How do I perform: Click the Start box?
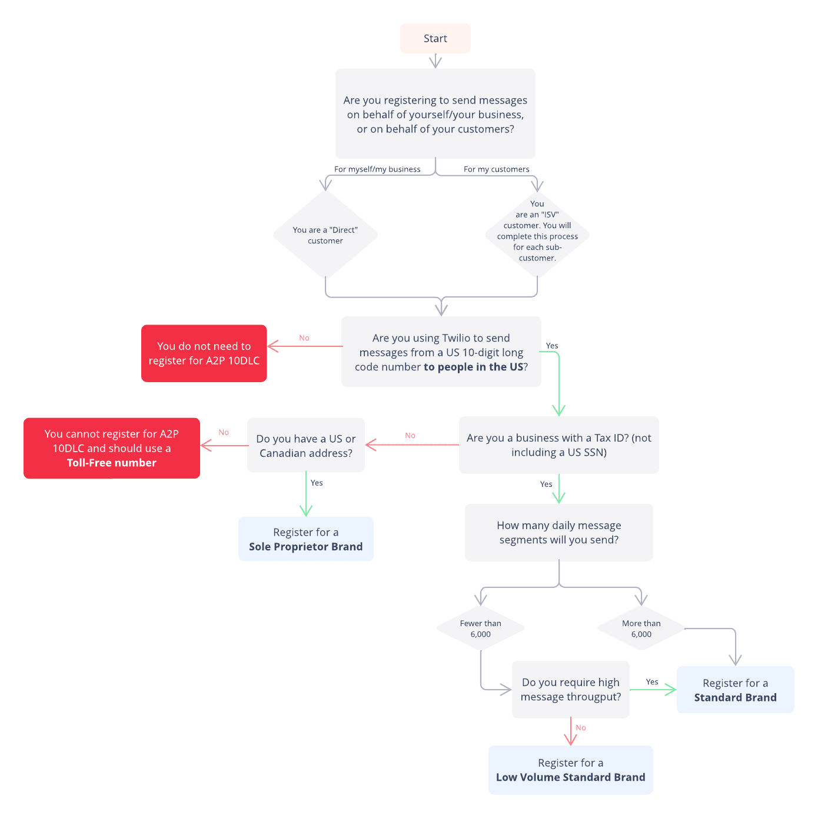pos(435,39)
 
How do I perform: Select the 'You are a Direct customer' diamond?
pos(325,235)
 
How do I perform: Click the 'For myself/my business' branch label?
pos(377,169)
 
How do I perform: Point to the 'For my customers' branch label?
pos(496,169)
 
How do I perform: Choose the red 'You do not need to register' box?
pos(204,353)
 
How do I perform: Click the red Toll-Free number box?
pos(112,448)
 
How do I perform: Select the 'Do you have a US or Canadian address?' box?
pos(306,446)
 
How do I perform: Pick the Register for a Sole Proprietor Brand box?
pos(306,539)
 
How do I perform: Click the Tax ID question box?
pos(558,445)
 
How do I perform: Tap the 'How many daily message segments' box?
pos(558,533)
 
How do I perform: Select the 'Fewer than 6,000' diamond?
pos(481,629)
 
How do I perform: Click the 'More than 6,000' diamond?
pos(641,629)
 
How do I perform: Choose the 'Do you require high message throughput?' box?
pos(570,690)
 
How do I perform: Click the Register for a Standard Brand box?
pos(735,690)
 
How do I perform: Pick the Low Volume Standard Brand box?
pos(570,770)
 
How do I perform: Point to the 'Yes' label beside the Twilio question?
pos(552,346)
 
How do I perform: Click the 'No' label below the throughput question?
pos(581,728)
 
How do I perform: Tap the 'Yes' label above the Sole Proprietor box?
pos(317,483)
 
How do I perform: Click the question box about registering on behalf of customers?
pos(435,114)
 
